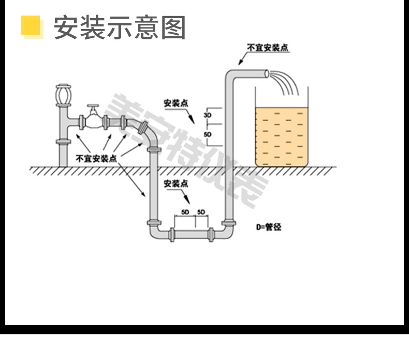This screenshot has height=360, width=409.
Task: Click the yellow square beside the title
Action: click(x=31, y=26)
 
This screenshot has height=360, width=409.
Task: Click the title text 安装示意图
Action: click(x=120, y=27)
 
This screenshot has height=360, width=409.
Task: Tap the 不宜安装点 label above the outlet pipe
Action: click(x=268, y=48)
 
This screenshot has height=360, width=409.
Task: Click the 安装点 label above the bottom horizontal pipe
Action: click(x=176, y=183)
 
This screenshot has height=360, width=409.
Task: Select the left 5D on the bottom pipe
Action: click(x=185, y=213)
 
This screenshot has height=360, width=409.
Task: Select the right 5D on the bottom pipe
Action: click(x=202, y=213)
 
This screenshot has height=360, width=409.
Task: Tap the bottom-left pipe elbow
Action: click(x=155, y=232)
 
